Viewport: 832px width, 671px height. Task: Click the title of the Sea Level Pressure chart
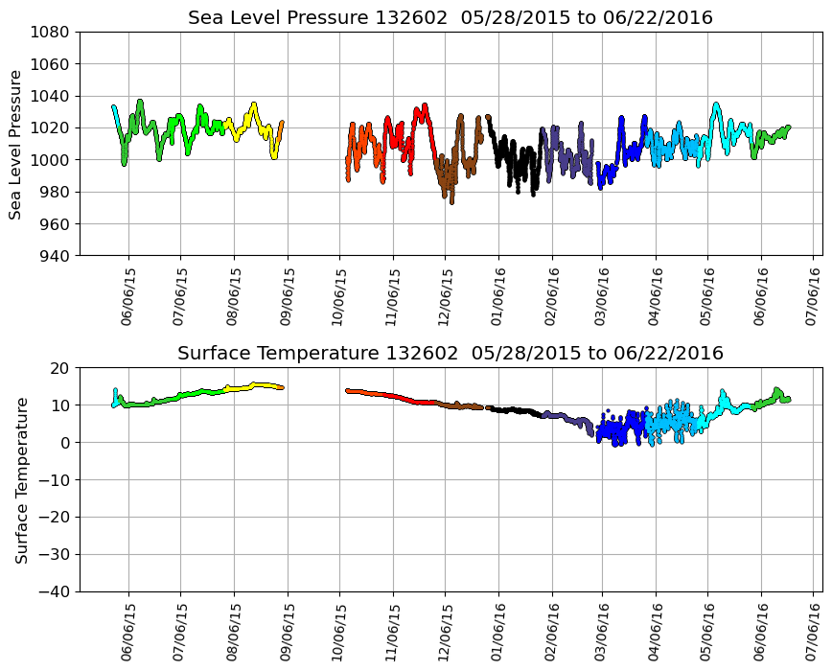click(x=451, y=18)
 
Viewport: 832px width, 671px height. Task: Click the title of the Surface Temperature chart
click(x=451, y=354)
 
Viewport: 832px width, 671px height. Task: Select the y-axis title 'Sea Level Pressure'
click(x=16, y=144)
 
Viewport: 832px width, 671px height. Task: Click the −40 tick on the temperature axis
click(x=54, y=591)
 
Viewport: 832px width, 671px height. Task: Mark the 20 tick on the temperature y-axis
click(x=60, y=368)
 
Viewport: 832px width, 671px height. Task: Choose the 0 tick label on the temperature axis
click(x=65, y=443)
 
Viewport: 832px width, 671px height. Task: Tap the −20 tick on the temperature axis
click(x=54, y=518)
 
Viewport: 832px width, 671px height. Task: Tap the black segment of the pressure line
click(x=518, y=163)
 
